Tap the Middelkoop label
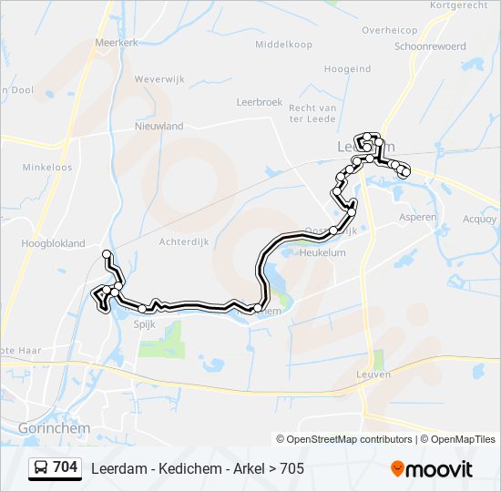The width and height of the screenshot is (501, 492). click(x=283, y=44)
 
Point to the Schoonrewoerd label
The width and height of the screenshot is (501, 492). click(x=430, y=46)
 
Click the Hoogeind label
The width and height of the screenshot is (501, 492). click(x=347, y=68)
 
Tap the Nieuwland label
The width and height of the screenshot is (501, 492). click(x=158, y=127)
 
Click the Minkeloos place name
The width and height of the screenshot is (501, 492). click(x=47, y=168)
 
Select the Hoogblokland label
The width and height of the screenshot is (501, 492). click(x=53, y=243)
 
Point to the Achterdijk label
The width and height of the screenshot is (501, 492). click(x=185, y=241)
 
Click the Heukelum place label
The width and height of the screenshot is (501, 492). click(x=322, y=252)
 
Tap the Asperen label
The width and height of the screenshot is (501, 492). click(x=418, y=218)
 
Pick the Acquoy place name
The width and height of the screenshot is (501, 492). click(x=480, y=219)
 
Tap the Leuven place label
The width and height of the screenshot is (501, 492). click(x=374, y=374)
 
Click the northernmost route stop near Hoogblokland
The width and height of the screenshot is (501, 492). click(x=107, y=253)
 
